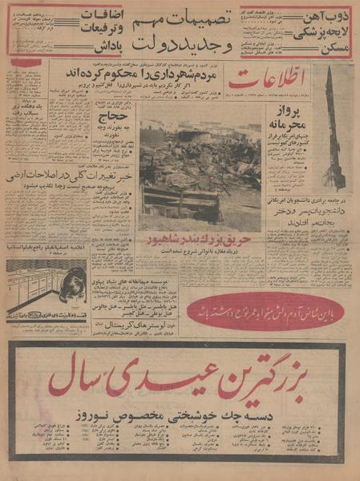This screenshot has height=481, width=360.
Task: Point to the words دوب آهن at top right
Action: pos(329,14)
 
